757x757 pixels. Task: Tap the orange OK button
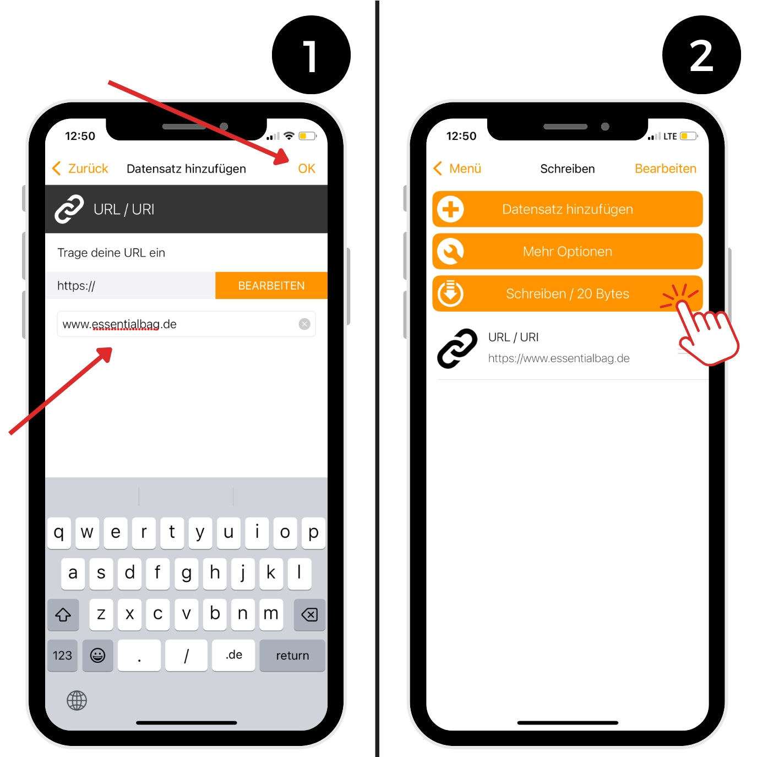coord(307,168)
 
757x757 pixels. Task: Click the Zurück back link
coord(80,168)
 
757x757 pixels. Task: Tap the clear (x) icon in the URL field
coord(304,324)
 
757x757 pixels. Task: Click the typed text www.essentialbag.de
coord(119,324)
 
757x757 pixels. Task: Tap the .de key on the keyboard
coord(233,655)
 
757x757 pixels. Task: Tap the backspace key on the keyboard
coord(309,614)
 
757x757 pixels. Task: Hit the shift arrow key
coord(63,614)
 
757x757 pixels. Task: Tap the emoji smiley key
coord(97,655)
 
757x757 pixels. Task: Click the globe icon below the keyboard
coord(77,700)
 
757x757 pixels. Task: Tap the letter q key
coord(59,533)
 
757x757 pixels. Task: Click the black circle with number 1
coord(311,55)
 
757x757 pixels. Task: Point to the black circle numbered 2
coord(701,55)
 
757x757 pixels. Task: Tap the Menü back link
coord(458,168)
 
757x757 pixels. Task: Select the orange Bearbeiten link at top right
coord(666,168)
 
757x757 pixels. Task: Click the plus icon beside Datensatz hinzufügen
coord(450,209)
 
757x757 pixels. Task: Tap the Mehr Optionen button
coord(567,252)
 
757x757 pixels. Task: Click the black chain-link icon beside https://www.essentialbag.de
coord(458,348)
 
